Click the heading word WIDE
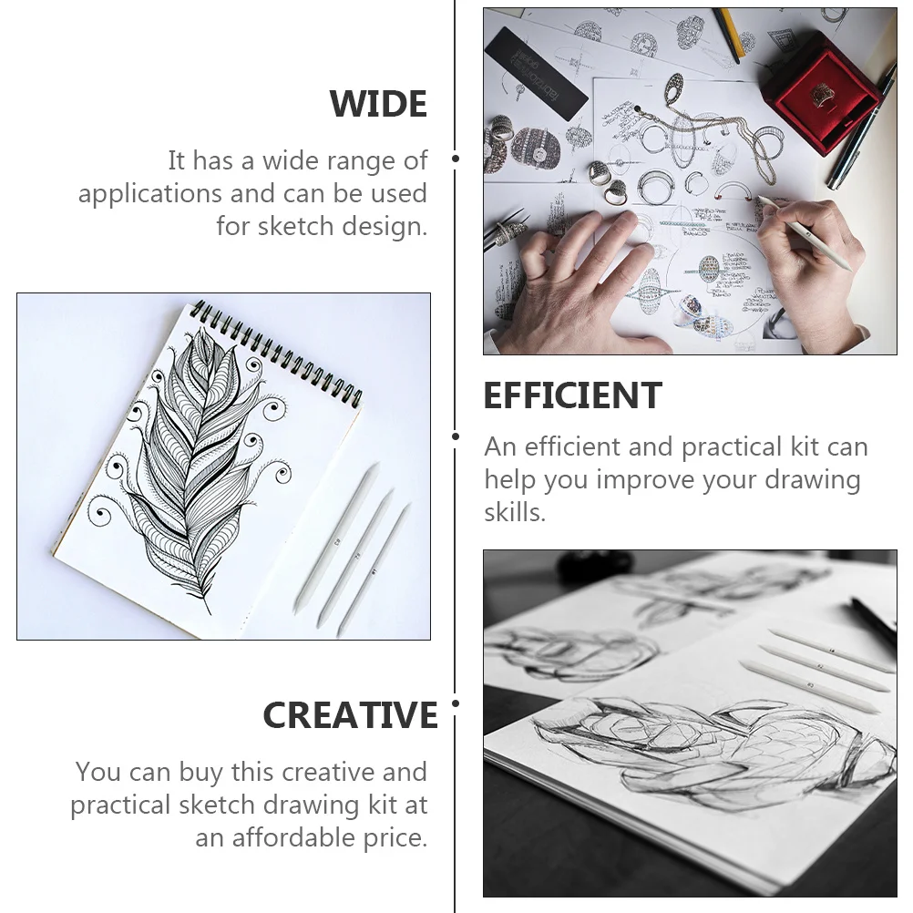pos(378,105)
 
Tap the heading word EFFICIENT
pos(572,396)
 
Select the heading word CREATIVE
pos(350,715)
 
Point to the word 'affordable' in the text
pos(321,838)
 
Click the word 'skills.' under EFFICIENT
pos(515,512)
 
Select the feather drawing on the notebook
pos(196,456)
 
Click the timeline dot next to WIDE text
pos(456,159)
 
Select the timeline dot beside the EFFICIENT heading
pos(456,436)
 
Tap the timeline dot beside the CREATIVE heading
pos(456,703)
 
